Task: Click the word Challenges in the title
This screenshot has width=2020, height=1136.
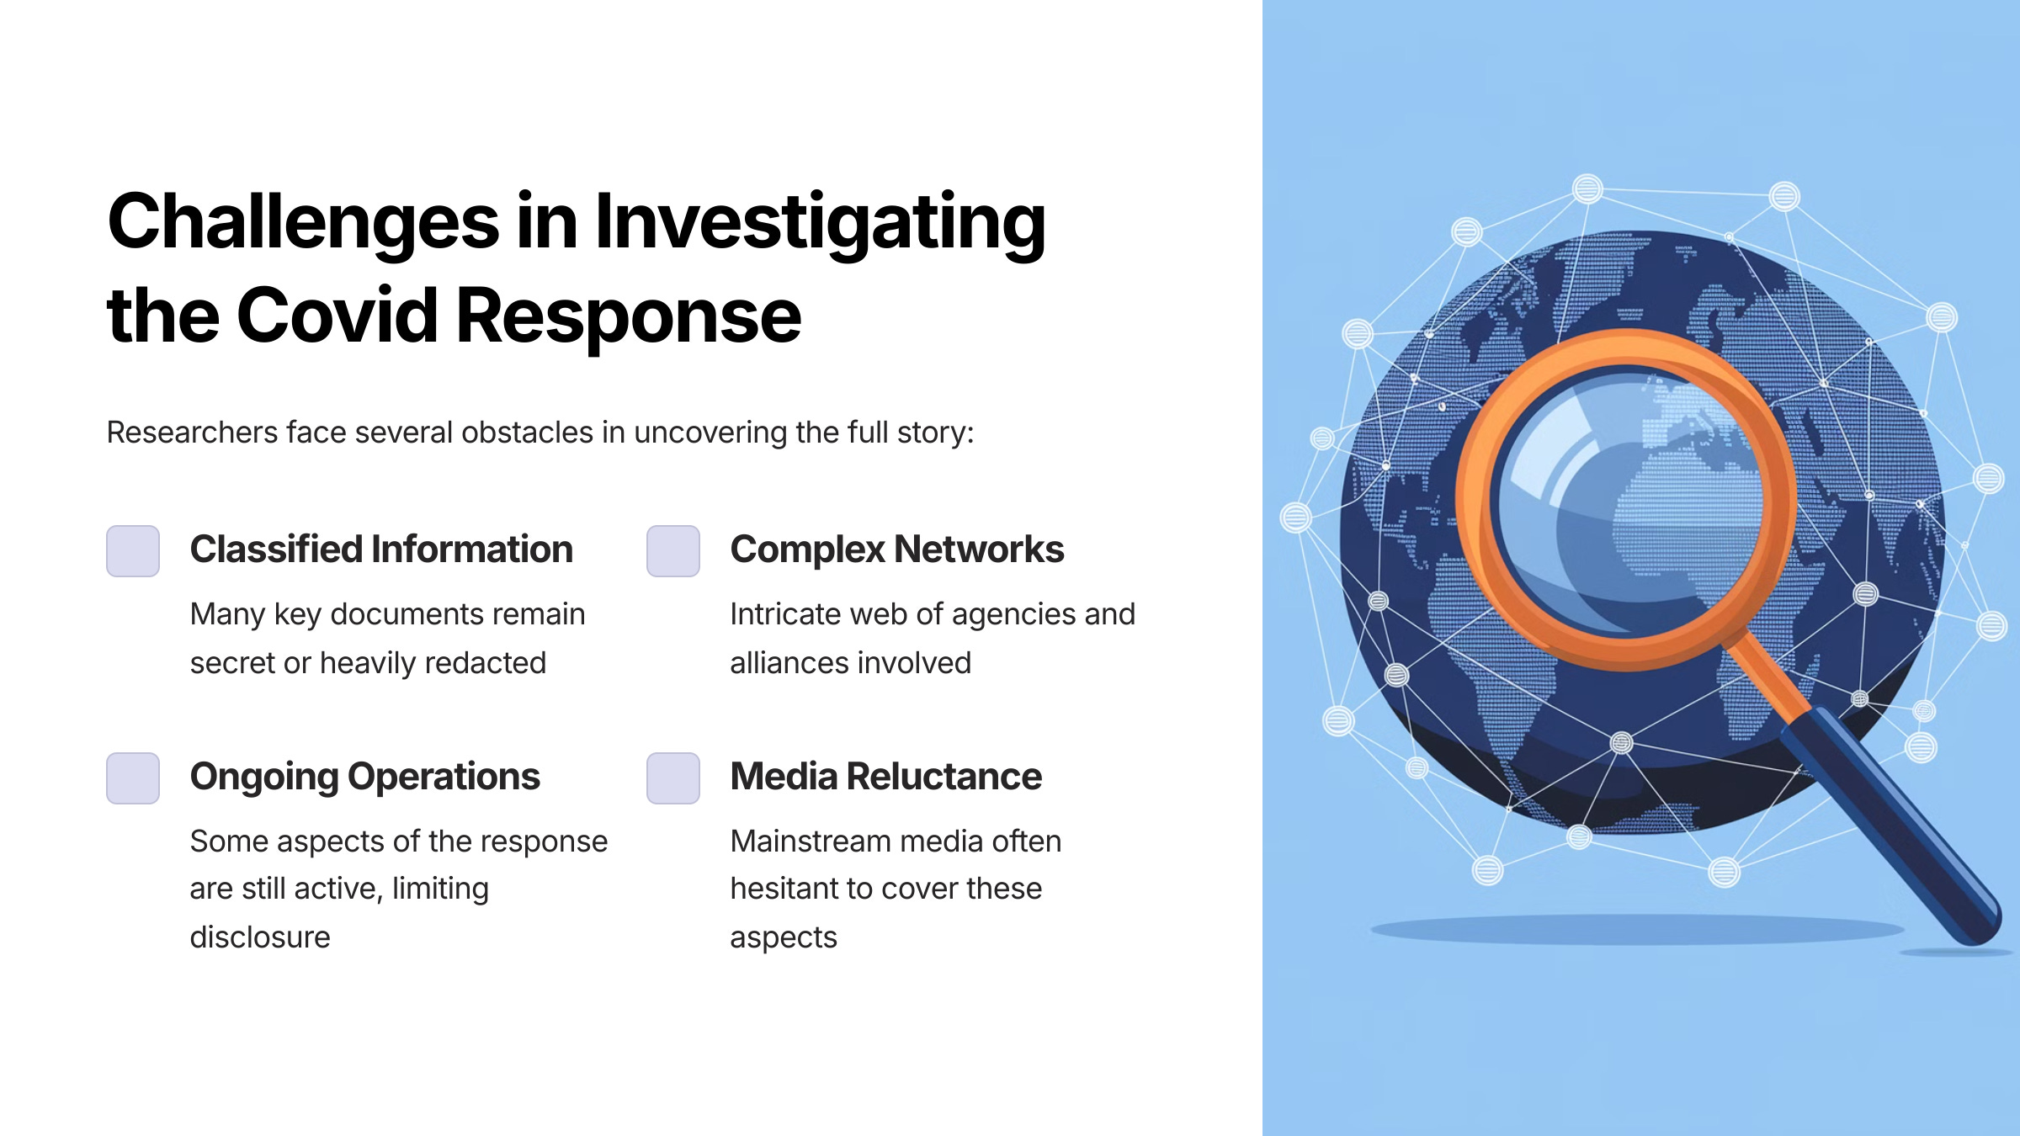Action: (x=303, y=222)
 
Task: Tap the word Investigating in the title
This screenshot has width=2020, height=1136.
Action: (x=820, y=222)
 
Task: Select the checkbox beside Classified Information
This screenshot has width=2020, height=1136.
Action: (x=133, y=551)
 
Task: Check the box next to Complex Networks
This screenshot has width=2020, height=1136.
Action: (x=673, y=551)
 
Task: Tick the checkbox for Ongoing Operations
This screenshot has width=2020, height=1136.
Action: (x=133, y=778)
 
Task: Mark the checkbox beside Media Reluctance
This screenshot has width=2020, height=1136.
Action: (x=673, y=778)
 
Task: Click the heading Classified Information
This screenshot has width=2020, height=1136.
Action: (x=381, y=549)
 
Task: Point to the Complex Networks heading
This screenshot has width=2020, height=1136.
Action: (x=896, y=549)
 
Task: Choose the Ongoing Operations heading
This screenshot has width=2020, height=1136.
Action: (x=364, y=777)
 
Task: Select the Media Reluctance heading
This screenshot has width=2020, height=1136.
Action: (x=885, y=777)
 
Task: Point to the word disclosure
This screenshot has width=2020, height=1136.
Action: (x=260, y=937)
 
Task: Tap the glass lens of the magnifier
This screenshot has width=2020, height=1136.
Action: (x=1624, y=505)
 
